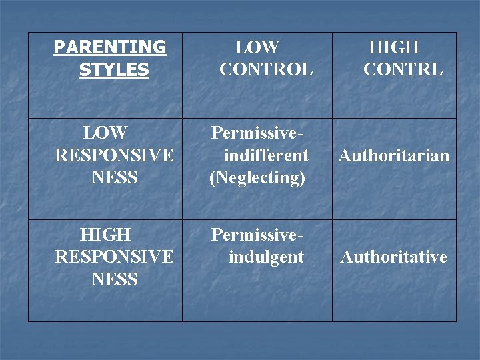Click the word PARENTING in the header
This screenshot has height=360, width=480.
pyautogui.click(x=110, y=47)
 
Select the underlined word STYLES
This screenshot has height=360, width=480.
pyautogui.click(x=114, y=70)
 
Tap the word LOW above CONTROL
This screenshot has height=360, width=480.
pyautogui.click(x=257, y=47)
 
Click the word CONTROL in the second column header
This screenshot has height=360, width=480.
pyautogui.click(x=266, y=69)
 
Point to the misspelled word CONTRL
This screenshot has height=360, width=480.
pyautogui.click(x=403, y=69)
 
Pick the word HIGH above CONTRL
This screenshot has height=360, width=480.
pyautogui.click(x=394, y=47)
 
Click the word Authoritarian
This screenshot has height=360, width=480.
pyautogui.click(x=394, y=156)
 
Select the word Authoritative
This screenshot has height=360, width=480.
pyautogui.click(x=393, y=257)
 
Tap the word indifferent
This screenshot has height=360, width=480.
pyautogui.click(x=266, y=156)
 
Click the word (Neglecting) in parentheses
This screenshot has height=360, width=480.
pyautogui.click(x=257, y=178)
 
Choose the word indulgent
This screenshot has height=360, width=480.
pyautogui.click(x=266, y=257)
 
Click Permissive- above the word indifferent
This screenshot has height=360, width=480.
pyautogui.click(x=257, y=133)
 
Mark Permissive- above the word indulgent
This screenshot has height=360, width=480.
pyautogui.click(x=257, y=235)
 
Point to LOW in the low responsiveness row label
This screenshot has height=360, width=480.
pyautogui.click(x=105, y=133)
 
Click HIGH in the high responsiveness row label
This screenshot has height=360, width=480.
pyautogui.click(x=105, y=235)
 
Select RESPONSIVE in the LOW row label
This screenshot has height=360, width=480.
pyautogui.click(x=114, y=156)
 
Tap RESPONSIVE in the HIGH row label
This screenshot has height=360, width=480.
pyautogui.click(x=114, y=257)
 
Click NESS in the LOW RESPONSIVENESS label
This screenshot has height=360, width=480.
pyautogui.click(x=114, y=178)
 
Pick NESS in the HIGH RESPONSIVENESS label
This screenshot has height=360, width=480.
pyautogui.click(x=114, y=279)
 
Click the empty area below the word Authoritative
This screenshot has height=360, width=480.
pyautogui.click(x=393, y=293)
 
